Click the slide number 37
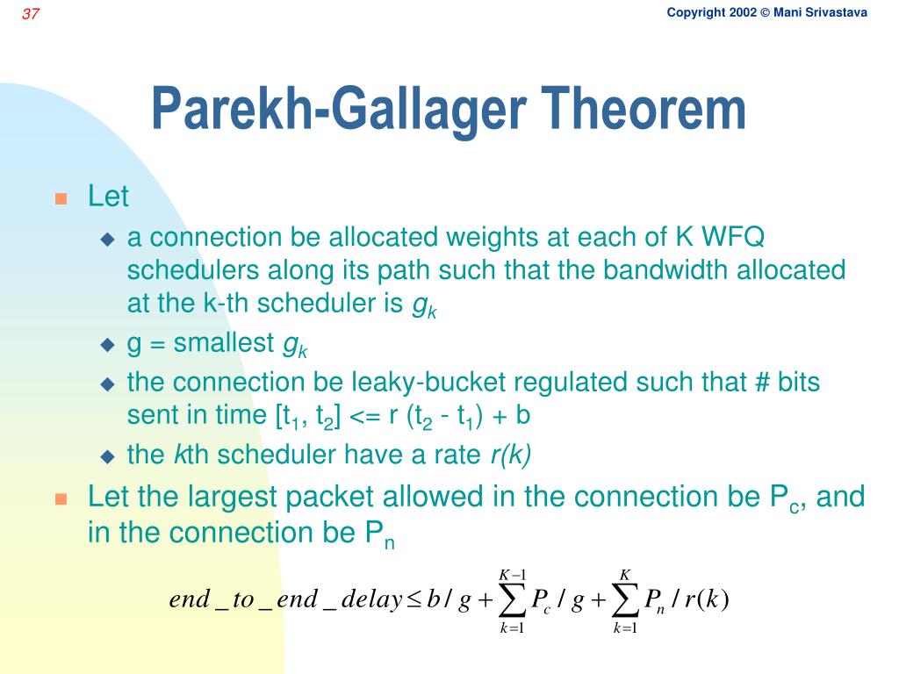point(31,13)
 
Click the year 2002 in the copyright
point(743,12)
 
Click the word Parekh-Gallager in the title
point(339,111)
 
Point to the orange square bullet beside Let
point(61,198)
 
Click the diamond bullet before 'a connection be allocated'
point(107,239)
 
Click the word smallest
point(224,343)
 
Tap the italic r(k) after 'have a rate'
point(511,455)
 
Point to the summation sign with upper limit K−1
point(512,600)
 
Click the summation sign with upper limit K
point(625,600)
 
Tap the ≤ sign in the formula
point(414,599)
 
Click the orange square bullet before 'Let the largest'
point(61,499)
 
